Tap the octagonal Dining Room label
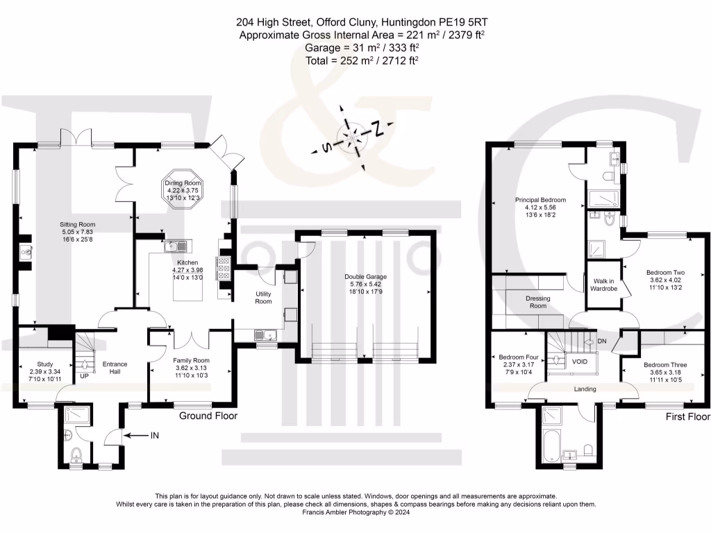183,190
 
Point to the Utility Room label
263,297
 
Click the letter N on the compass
377,128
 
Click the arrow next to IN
135,436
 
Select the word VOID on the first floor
580,361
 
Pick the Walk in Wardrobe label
603,285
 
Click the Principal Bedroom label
540,200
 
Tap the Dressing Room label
538,302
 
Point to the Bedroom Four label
519,357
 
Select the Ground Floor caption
208,416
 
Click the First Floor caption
687,416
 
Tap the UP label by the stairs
84,375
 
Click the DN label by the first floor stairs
602,341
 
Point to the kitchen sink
176,246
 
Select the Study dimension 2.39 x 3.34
45,372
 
